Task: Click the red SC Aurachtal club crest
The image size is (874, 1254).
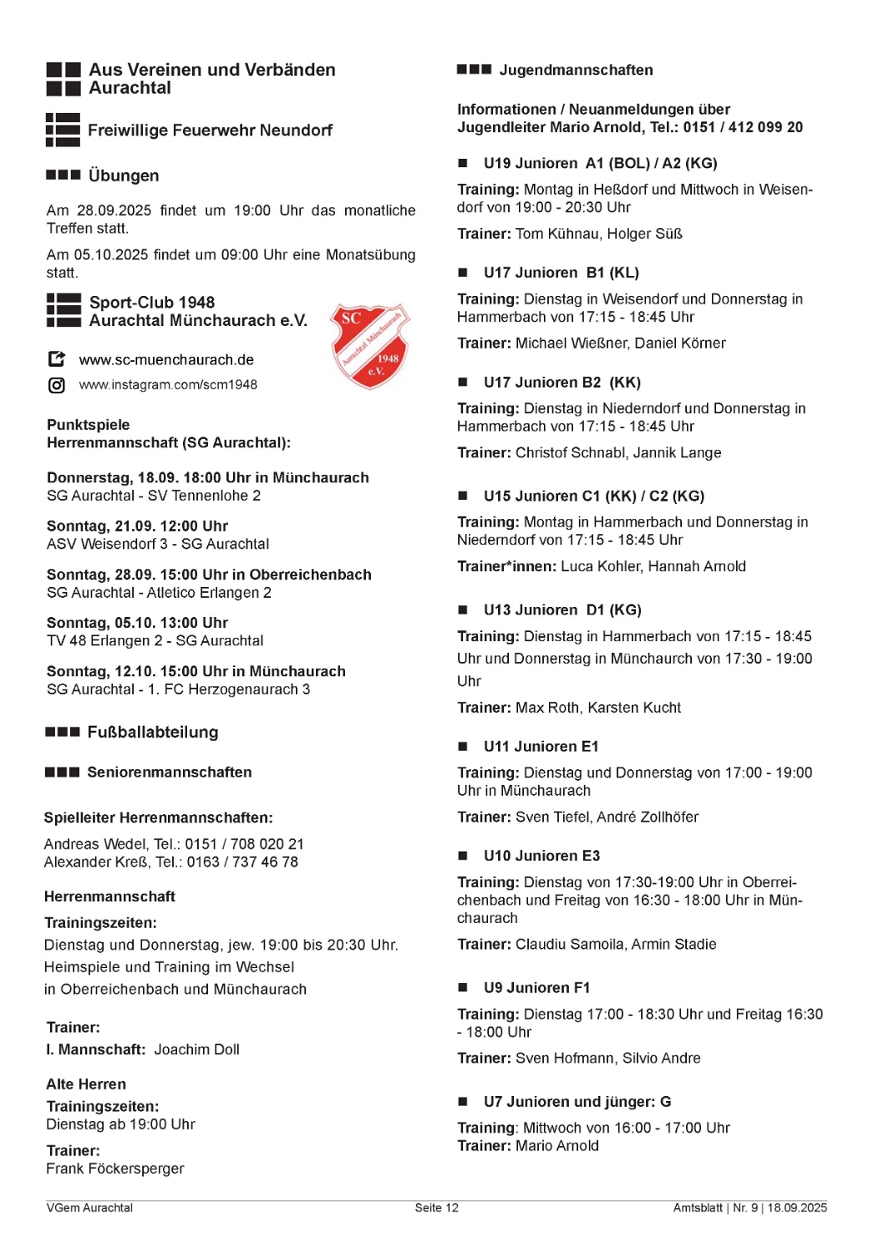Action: pyautogui.click(x=370, y=346)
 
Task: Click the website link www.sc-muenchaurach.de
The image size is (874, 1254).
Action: pyautogui.click(x=166, y=360)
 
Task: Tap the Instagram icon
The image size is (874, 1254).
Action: pyautogui.click(x=57, y=385)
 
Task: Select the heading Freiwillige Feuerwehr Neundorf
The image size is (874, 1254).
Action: pyautogui.click(x=210, y=130)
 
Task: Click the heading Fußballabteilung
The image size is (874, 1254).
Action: pyautogui.click(x=153, y=732)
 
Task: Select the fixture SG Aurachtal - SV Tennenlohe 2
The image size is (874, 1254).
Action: pyautogui.click(x=154, y=496)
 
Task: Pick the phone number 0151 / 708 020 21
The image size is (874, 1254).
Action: pyautogui.click(x=244, y=844)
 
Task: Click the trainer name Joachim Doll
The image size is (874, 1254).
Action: pyautogui.click(x=197, y=1050)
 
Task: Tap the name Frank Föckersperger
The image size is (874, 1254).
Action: pyautogui.click(x=115, y=1169)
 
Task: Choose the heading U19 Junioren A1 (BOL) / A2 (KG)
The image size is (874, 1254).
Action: pyautogui.click(x=600, y=164)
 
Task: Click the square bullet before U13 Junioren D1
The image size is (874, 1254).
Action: pyautogui.click(x=463, y=610)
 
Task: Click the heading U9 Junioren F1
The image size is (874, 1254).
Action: pyautogui.click(x=536, y=988)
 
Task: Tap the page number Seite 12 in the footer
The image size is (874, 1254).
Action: pyautogui.click(x=436, y=1208)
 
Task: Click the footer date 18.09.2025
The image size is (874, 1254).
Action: pyautogui.click(x=797, y=1208)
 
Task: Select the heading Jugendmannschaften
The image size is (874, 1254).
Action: pyautogui.click(x=576, y=70)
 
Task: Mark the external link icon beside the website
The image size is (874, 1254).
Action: pyautogui.click(x=57, y=359)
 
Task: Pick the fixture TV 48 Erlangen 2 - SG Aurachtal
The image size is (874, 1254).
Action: pyautogui.click(x=155, y=641)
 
